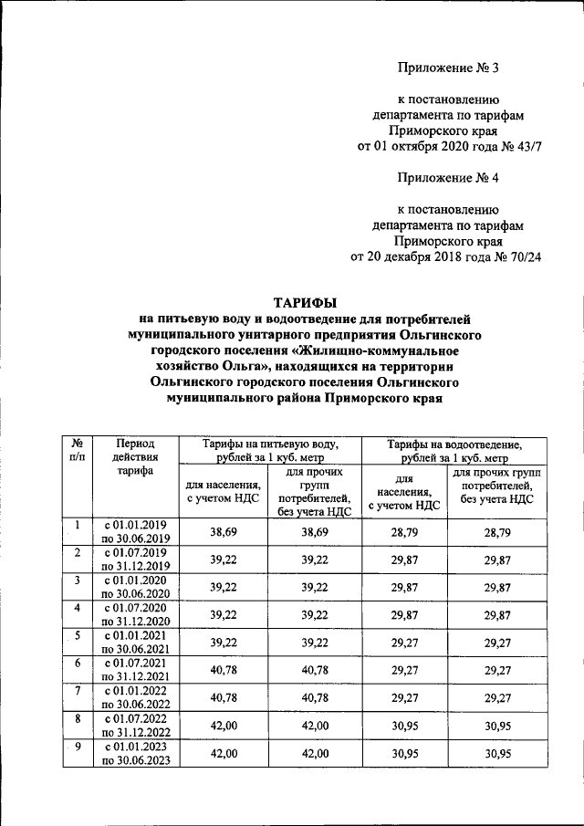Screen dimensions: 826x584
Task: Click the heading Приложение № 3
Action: (x=450, y=68)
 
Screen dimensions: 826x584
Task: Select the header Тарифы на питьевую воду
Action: (x=271, y=450)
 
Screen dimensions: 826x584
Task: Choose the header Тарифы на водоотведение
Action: (x=454, y=450)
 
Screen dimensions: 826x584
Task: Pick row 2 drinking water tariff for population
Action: (x=224, y=560)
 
